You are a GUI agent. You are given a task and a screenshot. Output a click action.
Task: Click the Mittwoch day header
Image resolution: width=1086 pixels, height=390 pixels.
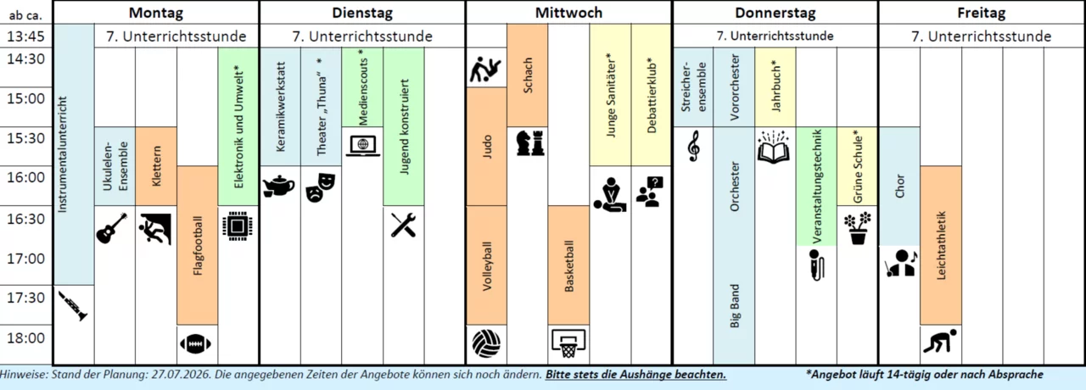568,13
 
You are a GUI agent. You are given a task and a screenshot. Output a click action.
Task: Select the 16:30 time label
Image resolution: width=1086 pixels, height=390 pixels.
25,219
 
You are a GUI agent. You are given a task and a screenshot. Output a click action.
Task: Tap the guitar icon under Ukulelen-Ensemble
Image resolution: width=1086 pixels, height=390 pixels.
112,228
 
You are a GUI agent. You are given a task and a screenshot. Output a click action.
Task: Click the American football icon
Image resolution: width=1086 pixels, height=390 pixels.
195,344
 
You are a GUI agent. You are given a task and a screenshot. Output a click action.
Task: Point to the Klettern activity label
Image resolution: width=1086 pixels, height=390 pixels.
156,166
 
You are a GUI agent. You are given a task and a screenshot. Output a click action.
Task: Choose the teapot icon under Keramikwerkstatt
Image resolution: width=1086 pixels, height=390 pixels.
279,187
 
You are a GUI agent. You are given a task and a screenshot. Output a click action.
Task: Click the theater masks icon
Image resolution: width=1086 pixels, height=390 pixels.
321,187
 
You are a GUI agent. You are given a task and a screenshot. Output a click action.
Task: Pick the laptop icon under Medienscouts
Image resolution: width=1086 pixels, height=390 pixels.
362,145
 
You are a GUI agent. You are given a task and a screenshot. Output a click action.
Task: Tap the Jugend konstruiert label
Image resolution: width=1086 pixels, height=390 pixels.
405,127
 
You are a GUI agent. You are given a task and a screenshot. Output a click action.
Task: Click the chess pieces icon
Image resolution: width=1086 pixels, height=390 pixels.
530,143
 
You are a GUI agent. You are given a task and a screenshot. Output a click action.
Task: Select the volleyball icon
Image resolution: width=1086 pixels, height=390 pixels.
486,344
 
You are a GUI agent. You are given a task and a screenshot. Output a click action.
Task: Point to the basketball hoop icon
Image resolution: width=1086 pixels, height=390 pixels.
568,343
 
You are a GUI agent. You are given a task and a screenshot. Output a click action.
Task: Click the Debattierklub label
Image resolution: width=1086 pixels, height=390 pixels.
652,97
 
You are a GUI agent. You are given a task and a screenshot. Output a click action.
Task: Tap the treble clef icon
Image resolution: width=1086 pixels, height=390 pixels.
694,146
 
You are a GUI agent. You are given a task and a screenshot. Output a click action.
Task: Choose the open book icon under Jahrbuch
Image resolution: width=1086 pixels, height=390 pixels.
774,147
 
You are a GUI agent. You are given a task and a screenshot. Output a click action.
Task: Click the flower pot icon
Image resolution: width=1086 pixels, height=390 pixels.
857,229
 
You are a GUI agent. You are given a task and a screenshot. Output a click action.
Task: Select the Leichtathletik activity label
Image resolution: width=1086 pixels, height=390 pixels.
941,245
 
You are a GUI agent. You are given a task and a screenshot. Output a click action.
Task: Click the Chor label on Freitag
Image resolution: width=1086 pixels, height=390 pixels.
900,187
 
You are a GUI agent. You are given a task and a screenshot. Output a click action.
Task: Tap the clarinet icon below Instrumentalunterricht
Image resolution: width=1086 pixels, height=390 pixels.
74,306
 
